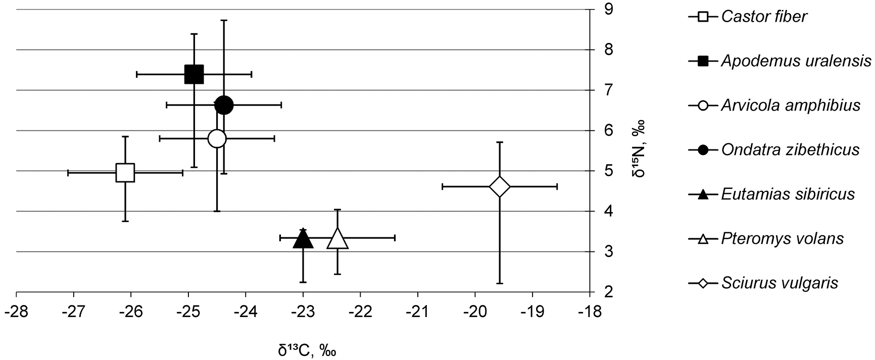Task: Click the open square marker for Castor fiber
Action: (125, 173)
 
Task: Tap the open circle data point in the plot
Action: (217, 138)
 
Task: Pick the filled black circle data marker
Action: (224, 105)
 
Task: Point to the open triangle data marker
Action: (337, 239)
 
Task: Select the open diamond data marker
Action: (500, 187)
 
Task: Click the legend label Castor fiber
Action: (764, 17)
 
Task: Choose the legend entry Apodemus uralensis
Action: (796, 61)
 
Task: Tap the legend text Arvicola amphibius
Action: (791, 106)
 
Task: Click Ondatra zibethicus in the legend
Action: (790, 150)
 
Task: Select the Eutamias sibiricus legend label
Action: (788, 194)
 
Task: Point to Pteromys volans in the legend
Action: (782, 238)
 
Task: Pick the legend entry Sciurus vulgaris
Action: (780, 283)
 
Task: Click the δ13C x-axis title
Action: (307, 349)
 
